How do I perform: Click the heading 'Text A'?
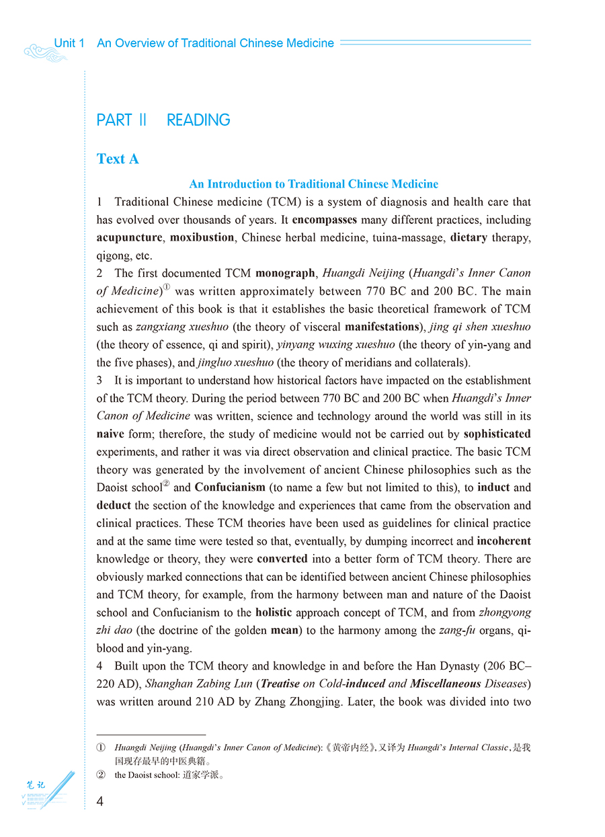click(x=118, y=159)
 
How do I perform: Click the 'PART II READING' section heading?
click(x=163, y=120)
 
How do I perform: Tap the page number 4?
click(x=100, y=801)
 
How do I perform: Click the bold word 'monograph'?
click(x=285, y=273)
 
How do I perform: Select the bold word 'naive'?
click(x=110, y=434)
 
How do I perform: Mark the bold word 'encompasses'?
click(x=325, y=219)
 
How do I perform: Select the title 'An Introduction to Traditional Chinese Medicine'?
click(x=313, y=184)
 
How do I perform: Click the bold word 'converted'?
click(x=282, y=559)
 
